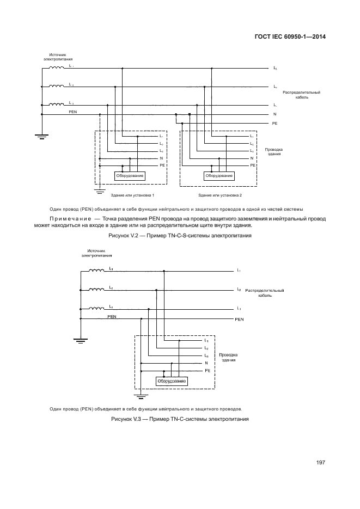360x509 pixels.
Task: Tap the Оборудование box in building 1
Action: pos(130,176)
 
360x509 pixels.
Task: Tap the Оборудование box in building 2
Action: pos(219,176)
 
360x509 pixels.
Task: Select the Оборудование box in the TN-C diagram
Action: pos(172,381)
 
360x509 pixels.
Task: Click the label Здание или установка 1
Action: pos(132,195)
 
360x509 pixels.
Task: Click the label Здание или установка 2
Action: pos(220,195)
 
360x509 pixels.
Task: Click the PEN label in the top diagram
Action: pos(73,111)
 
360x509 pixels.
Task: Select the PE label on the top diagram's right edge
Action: pos(275,124)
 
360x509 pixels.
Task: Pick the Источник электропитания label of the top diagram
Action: pos(58,57)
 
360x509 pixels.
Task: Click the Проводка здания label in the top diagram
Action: pos(274,152)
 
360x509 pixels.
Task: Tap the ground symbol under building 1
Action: pos(100,191)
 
